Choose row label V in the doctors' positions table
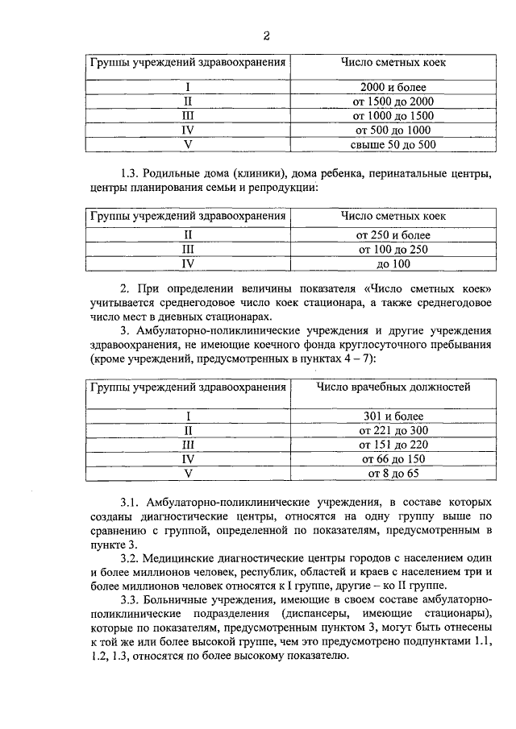click(x=188, y=474)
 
